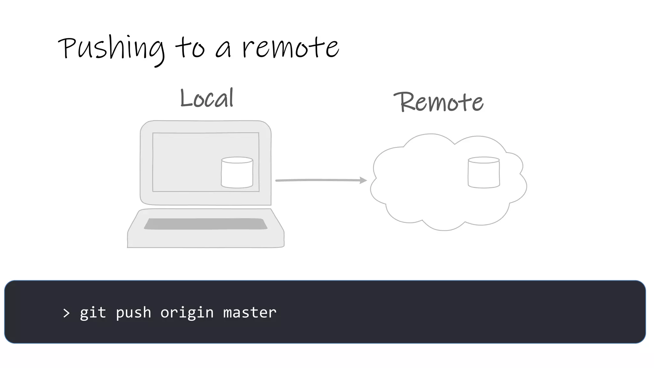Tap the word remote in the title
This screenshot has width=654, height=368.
pos(290,48)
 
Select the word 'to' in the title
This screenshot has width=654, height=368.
pos(190,48)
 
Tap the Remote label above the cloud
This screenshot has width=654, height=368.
pos(438,102)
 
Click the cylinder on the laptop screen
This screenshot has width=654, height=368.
pos(237,172)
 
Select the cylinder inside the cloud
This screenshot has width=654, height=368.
pos(483,172)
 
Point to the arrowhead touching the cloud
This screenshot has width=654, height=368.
pos(363,180)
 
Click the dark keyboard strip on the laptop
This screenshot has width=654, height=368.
pos(205,224)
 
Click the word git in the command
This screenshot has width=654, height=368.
pos(93,312)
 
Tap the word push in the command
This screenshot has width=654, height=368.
pos(133,312)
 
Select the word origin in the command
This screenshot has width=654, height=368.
pos(187,312)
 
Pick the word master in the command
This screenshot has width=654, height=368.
pos(250,312)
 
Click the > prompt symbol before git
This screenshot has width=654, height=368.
pos(66,313)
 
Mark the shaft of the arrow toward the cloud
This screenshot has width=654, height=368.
pos(316,180)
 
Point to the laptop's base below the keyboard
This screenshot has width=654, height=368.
pos(205,240)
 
